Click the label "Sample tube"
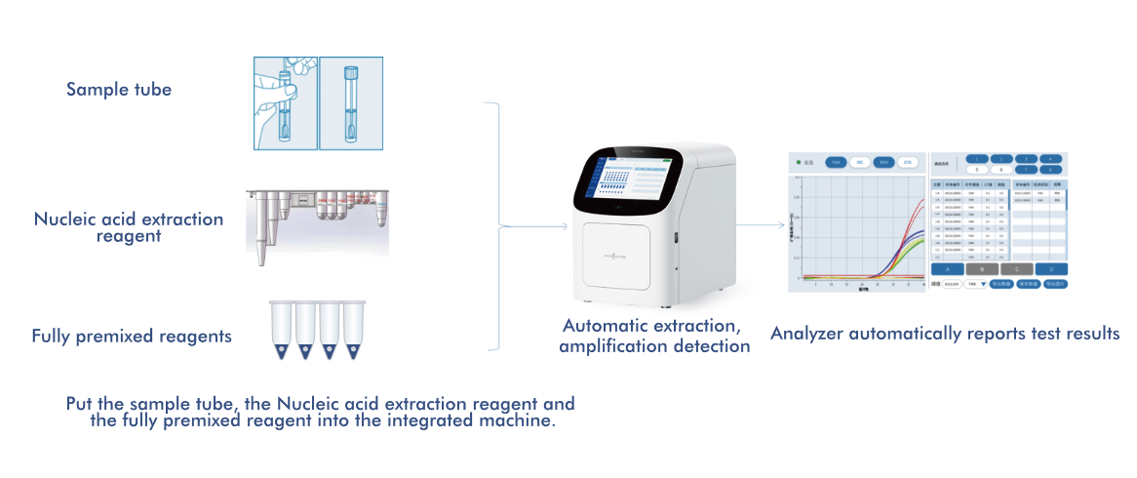point(119,90)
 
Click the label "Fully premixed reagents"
point(132,337)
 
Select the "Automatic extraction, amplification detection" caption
point(654,335)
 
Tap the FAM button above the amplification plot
point(835,162)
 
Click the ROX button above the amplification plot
point(883,162)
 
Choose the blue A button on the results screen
point(949,268)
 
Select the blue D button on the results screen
point(1052,268)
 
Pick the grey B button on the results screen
point(983,268)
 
